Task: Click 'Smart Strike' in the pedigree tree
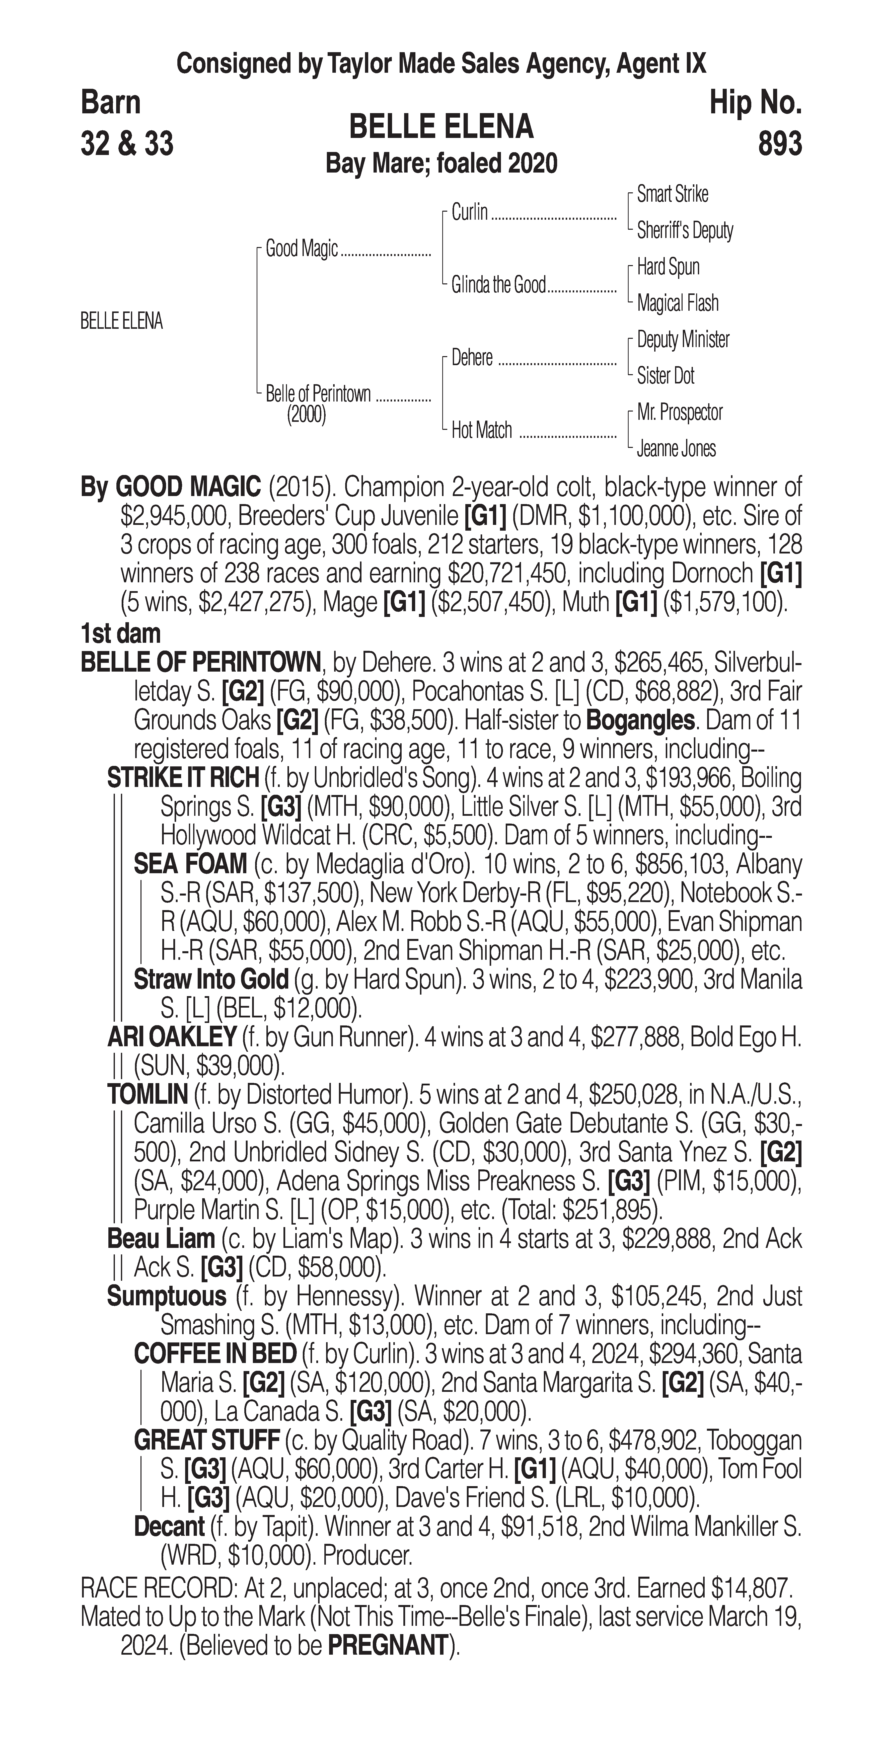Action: point(672,194)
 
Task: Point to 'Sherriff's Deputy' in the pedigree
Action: point(685,231)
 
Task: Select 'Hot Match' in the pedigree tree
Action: point(481,431)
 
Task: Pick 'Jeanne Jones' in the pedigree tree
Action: point(676,449)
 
